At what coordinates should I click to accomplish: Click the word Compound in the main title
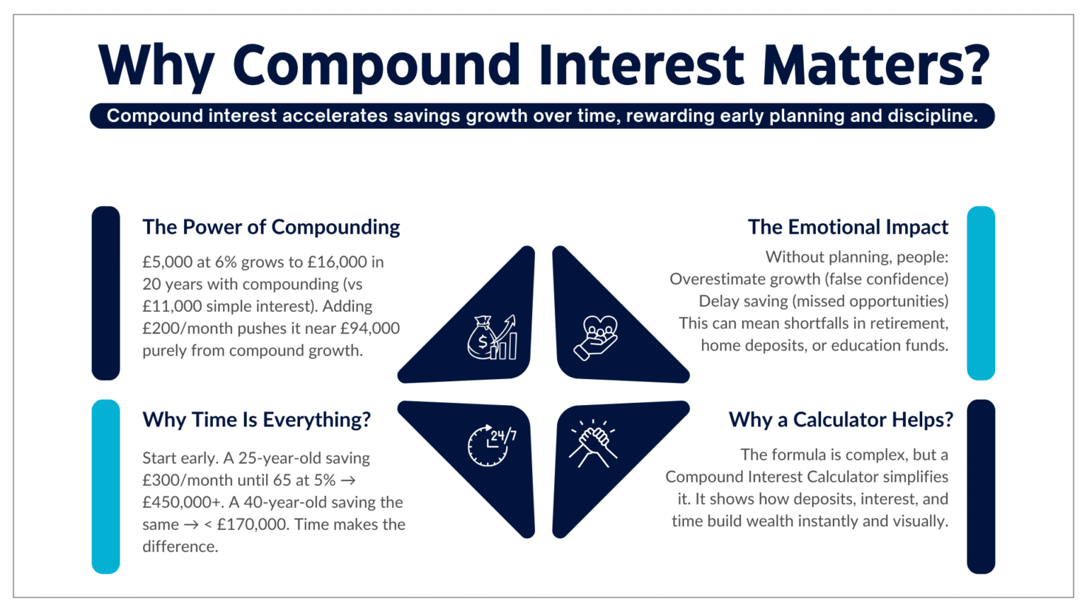pos(376,65)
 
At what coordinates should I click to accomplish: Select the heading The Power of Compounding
pos(271,227)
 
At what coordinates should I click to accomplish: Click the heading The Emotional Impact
pos(848,227)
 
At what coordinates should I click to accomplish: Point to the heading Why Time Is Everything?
pos(256,420)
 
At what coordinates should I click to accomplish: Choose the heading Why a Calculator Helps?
pos(841,420)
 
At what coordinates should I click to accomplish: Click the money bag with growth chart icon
pos(492,338)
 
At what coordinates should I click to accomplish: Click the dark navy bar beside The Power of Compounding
pos(105,293)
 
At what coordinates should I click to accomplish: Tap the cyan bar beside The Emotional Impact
pos(981,293)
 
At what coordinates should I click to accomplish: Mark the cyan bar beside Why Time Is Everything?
pos(105,487)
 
